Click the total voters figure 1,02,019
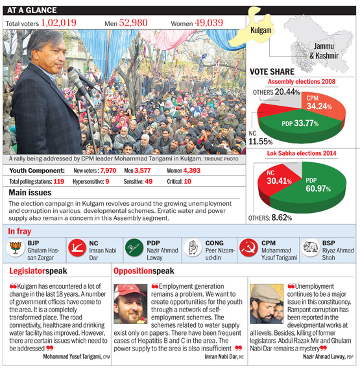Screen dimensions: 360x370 (x=59, y=23)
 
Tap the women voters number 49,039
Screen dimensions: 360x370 (x=209, y=23)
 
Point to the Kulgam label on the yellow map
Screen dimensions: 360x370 (x=261, y=31)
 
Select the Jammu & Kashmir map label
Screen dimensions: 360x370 (x=324, y=51)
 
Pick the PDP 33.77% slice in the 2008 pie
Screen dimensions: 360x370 (x=300, y=126)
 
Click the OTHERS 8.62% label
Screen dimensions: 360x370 (x=270, y=217)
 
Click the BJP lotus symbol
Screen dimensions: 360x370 (x=16, y=248)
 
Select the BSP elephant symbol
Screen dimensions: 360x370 (x=310, y=247)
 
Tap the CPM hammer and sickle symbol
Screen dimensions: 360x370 (x=248, y=248)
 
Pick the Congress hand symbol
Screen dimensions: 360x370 (x=193, y=248)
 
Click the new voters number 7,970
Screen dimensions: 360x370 (x=108, y=170)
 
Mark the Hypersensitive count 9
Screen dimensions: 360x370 (x=107, y=182)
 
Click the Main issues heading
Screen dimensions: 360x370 (x=30, y=193)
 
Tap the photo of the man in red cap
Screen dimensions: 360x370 (x=130, y=304)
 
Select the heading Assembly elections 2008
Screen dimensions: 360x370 (x=302, y=82)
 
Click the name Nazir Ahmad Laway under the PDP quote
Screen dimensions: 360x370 (x=324, y=356)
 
